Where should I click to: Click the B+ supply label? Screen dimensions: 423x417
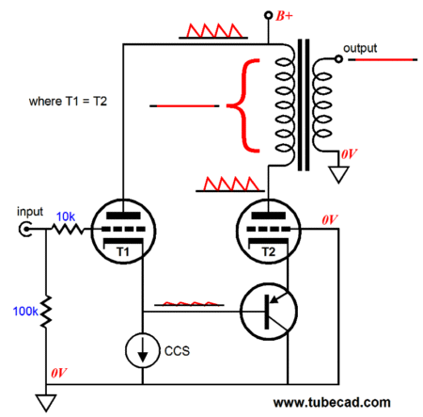284,16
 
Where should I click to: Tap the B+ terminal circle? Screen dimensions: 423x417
268,15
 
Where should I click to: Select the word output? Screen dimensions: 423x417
360,49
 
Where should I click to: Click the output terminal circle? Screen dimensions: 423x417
338,58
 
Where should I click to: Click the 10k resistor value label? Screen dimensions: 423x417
66,217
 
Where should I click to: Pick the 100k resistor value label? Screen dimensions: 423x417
25,312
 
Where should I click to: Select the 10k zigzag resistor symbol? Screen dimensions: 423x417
68,229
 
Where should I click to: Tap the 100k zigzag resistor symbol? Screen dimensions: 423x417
46,312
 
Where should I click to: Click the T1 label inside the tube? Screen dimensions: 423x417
122,251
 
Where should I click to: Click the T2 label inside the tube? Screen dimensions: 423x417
268,251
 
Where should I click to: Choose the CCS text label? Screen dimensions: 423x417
177,351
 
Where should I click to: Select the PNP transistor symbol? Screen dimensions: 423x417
269,312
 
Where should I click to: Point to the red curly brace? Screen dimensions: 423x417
243,105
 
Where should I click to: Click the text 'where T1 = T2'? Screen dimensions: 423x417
68,102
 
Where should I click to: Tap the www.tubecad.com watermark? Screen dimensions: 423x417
332,402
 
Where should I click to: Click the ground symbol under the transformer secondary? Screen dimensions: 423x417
338,174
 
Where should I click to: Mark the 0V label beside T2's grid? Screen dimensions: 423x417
330,219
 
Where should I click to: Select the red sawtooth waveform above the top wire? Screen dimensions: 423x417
213,31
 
